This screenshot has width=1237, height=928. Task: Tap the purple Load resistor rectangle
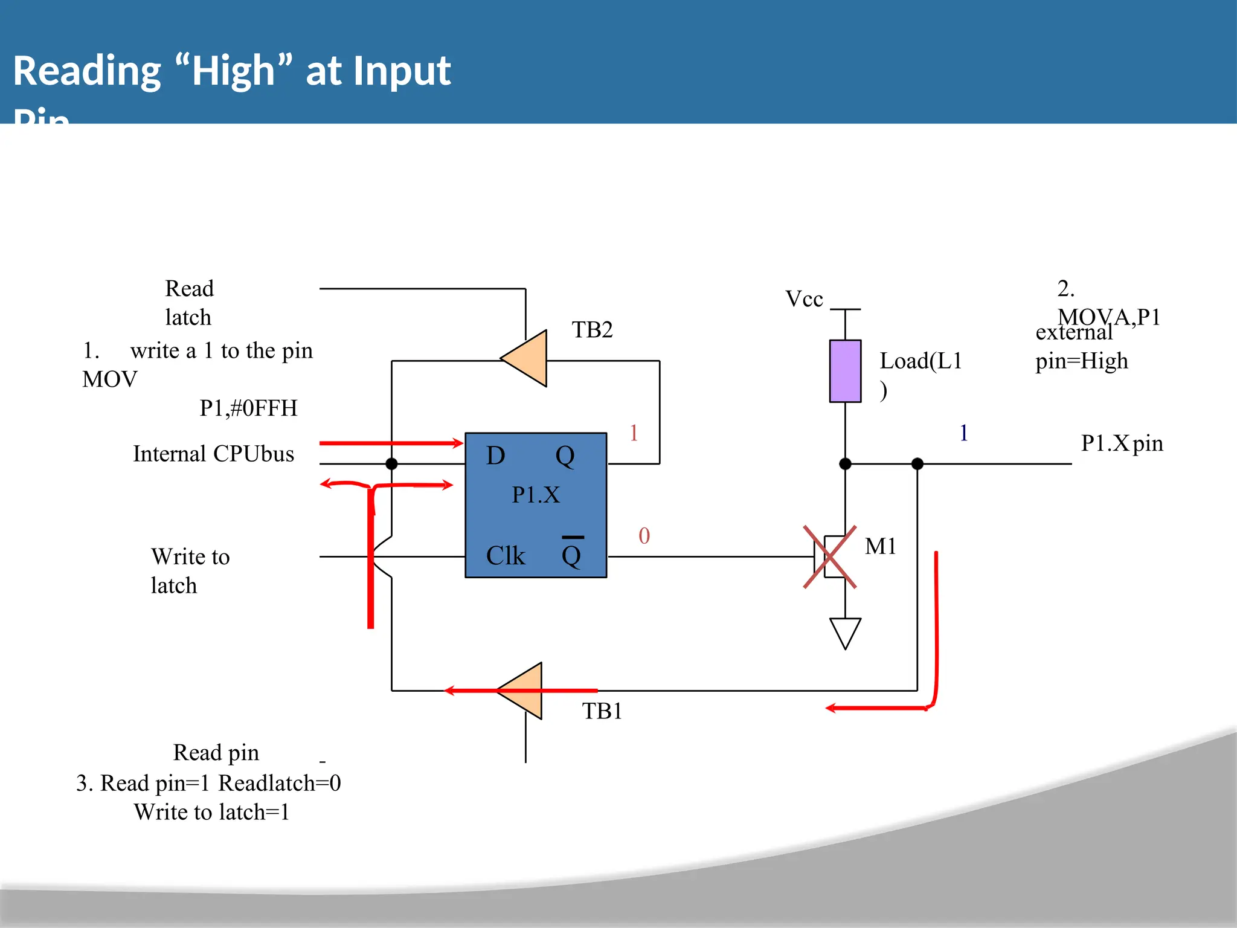click(x=845, y=371)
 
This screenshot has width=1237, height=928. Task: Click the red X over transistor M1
click(x=830, y=556)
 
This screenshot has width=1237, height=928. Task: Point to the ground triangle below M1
click(x=845, y=631)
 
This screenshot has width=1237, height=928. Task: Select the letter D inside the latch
click(x=495, y=456)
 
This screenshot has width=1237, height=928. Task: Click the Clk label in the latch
click(x=506, y=556)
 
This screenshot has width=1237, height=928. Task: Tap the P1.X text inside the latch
click(x=536, y=495)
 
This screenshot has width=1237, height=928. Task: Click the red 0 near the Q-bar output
click(x=644, y=536)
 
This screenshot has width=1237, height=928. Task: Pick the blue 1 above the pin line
click(x=964, y=433)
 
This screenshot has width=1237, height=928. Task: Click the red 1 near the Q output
click(x=634, y=433)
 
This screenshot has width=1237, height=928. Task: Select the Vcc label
click(x=804, y=299)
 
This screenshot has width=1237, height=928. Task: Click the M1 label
click(x=880, y=546)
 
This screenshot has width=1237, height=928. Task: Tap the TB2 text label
click(x=592, y=330)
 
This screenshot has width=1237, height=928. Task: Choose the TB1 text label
click(x=602, y=711)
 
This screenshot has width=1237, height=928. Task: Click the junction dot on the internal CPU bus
click(x=391, y=464)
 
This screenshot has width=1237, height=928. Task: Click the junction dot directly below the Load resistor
click(x=845, y=464)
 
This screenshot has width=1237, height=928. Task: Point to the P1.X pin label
click(x=1122, y=443)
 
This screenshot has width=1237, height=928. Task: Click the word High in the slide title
click(x=233, y=71)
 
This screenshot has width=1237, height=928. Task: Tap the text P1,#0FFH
click(x=248, y=408)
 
